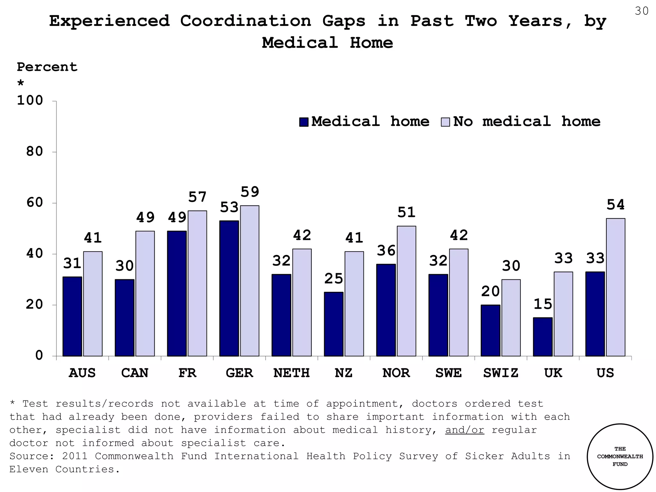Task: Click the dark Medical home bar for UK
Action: click(543, 337)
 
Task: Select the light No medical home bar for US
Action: click(615, 287)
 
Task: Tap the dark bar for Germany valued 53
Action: click(229, 288)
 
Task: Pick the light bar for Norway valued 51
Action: click(406, 291)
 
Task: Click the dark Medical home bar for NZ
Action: click(333, 324)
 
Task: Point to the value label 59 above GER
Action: click(250, 192)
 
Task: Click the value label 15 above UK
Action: click(543, 304)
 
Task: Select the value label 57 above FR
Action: click(197, 197)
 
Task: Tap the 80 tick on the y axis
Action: click(35, 152)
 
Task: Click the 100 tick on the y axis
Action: click(30, 101)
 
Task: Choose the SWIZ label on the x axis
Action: click(501, 373)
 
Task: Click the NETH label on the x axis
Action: click(291, 373)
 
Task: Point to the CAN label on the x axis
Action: click(135, 373)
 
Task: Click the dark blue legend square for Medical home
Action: click(304, 122)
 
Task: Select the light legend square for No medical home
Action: click(445, 122)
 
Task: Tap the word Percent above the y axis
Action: click(47, 67)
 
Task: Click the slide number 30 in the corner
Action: click(642, 11)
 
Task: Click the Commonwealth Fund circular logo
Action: click(620, 456)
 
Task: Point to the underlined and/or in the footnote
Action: click(464, 430)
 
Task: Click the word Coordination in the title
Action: click(245, 21)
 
